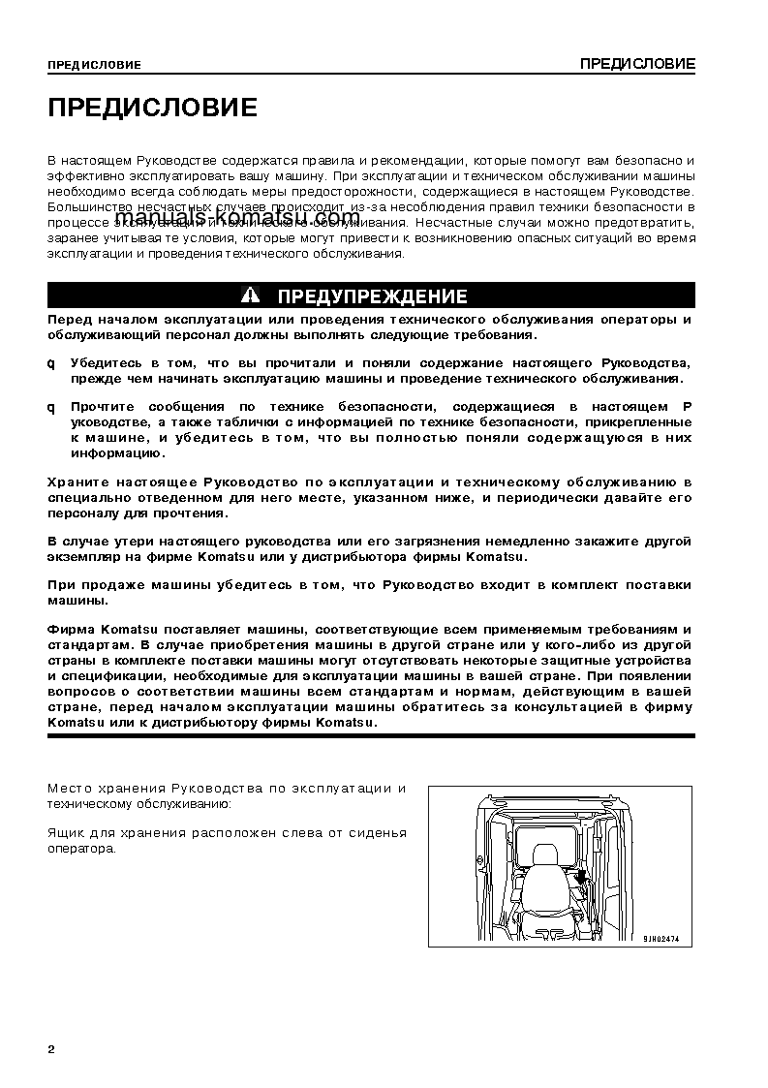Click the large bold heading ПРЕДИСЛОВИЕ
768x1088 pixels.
coord(152,108)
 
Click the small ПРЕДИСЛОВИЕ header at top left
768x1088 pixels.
coord(94,66)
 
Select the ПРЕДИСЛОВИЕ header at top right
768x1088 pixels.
coord(637,64)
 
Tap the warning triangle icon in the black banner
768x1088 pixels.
coord(252,295)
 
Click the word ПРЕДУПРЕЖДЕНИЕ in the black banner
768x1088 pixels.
coord(372,296)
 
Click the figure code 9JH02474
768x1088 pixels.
coord(661,939)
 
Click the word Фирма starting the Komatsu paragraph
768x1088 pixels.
coord(69,630)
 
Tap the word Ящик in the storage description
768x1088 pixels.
coord(64,833)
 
